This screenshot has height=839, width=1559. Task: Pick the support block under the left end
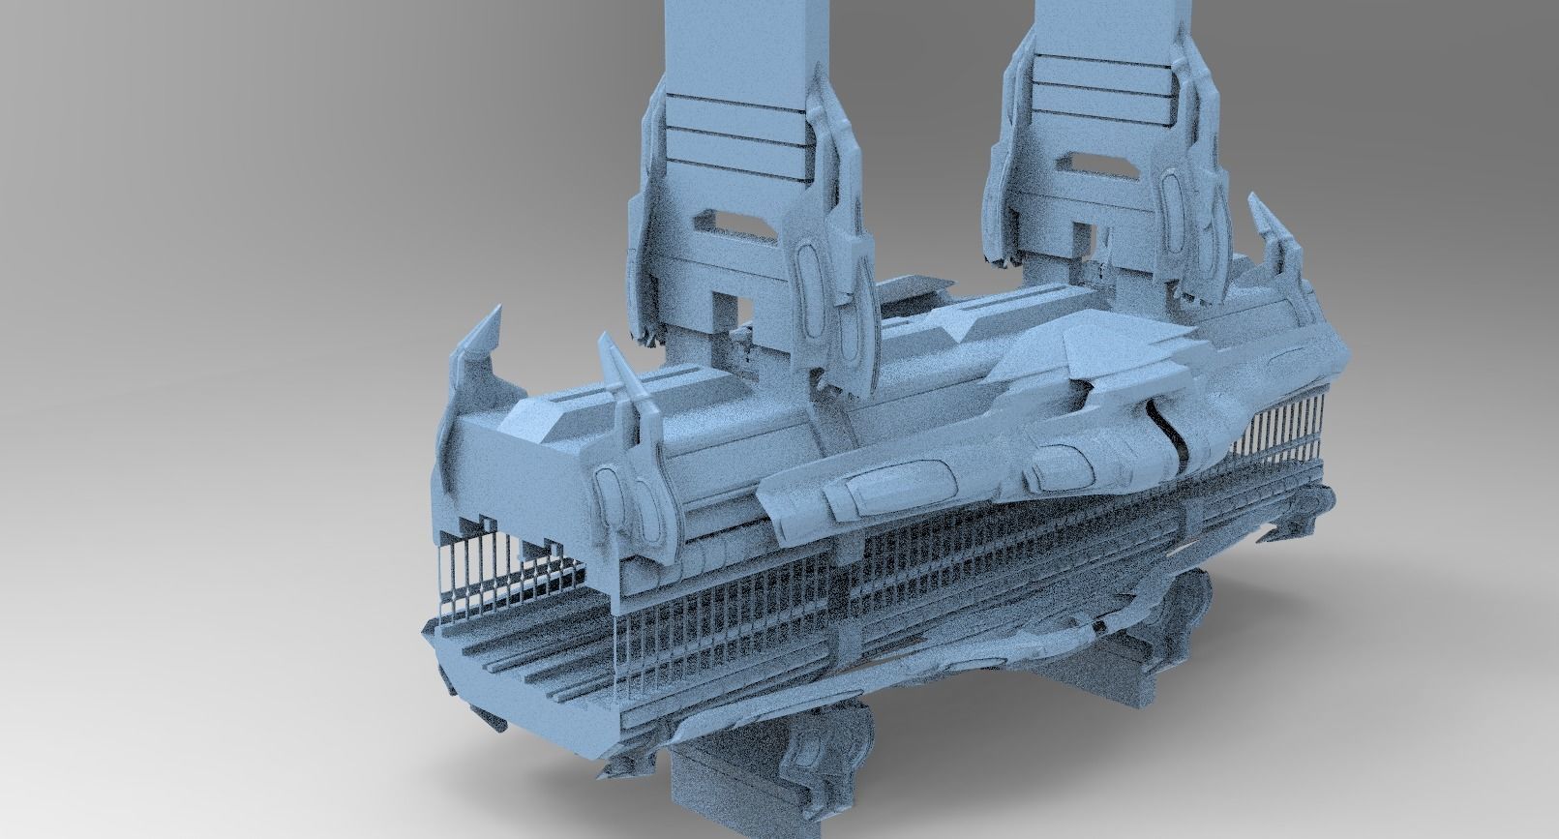pyautogui.click(x=716, y=774)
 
